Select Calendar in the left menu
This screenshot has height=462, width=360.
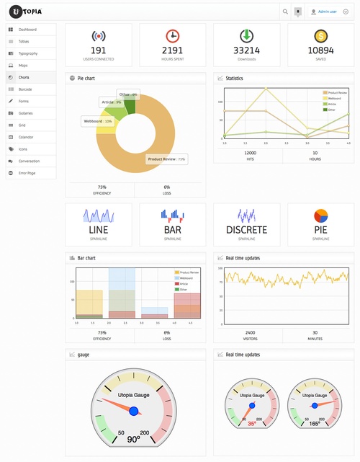pyautogui.click(x=27, y=137)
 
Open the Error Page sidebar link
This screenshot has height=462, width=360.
pyautogui.click(x=28, y=173)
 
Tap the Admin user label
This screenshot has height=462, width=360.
pyautogui.click(x=328, y=12)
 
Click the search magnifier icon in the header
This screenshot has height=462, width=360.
pyautogui.click(x=285, y=12)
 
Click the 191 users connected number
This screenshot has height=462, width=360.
pyautogui.click(x=99, y=50)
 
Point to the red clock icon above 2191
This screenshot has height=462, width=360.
pyautogui.click(x=173, y=36)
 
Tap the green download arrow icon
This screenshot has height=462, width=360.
pyautogui.click(x=246, y=36)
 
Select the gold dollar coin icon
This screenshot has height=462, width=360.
pyautogui.click(x=320, y=36)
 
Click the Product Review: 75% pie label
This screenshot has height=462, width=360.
pyautogui.click(x=166, y=159)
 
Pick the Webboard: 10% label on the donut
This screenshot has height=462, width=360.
pyautogui.click(x=98, y=121)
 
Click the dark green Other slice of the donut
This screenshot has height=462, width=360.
pyautogui.click(x=130, y=107)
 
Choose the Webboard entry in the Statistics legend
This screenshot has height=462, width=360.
pyautogui.click(x=334, y=98)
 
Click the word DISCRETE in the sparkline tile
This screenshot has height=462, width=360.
pyautogui.click(x=246, y=230)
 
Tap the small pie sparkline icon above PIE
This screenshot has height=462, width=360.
pyautogui.click(x=320, y=216)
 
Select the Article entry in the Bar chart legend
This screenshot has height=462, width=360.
pyautogui.click(x=184, y=284)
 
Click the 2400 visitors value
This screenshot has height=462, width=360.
pyautogui.click(x=250, y=332)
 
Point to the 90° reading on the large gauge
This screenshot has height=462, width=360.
pyautogui.click(x=133, y=439)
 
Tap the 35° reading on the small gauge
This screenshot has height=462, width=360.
pyautogui.click(x=252, y=424)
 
